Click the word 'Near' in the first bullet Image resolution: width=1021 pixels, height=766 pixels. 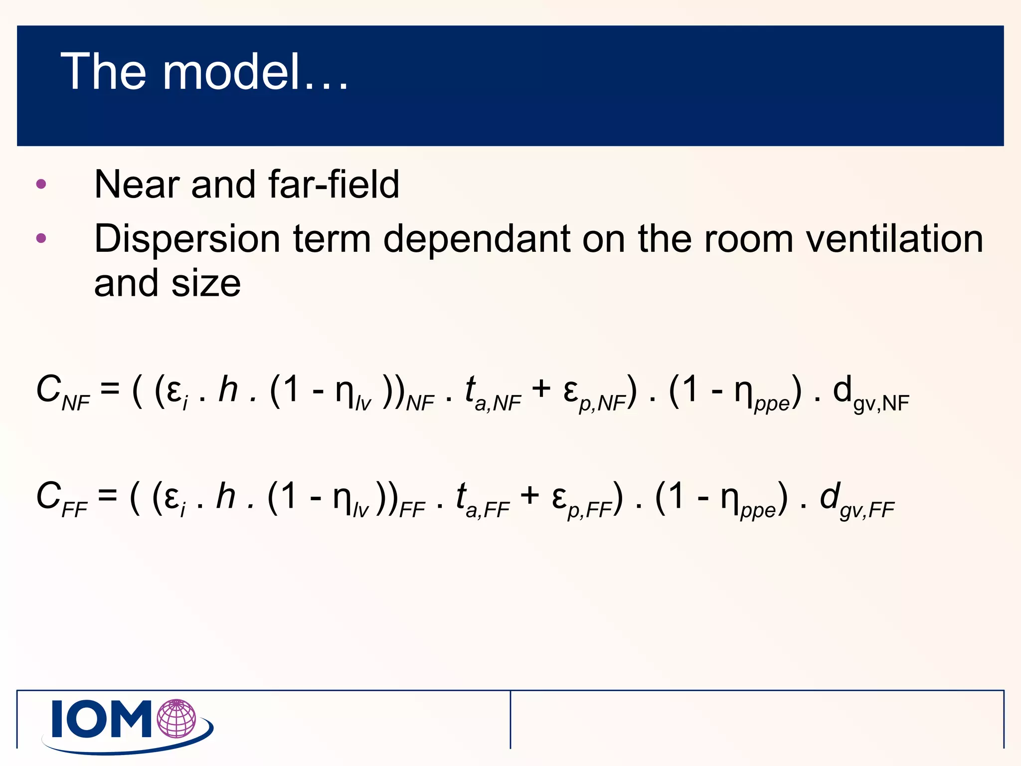pyautogui.click(x=137, y=184)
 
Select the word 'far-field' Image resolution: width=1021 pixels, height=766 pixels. pyautogui.click(x=334, y=184)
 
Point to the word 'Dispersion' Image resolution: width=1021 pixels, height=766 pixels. pyautogui.click(x=187, y=239)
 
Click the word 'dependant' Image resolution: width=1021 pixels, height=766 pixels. pyautogui.click(x=476, y=239)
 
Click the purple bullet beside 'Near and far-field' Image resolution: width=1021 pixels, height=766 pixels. pyautogui.click(x=41, y=184)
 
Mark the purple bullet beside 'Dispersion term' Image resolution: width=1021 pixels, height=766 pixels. pyautogui.click(x=41, y=238)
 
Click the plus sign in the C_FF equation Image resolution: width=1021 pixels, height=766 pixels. pyautogui.click(x=529, y=495)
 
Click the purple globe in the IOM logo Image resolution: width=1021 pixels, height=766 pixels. pyautogui.click(x=176, y=719)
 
